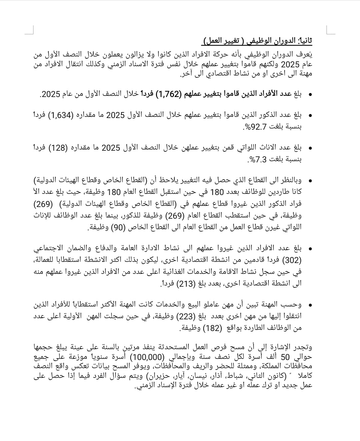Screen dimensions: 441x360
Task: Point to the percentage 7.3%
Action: [257, 160]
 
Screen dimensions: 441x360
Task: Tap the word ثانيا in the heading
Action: [305, 41]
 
